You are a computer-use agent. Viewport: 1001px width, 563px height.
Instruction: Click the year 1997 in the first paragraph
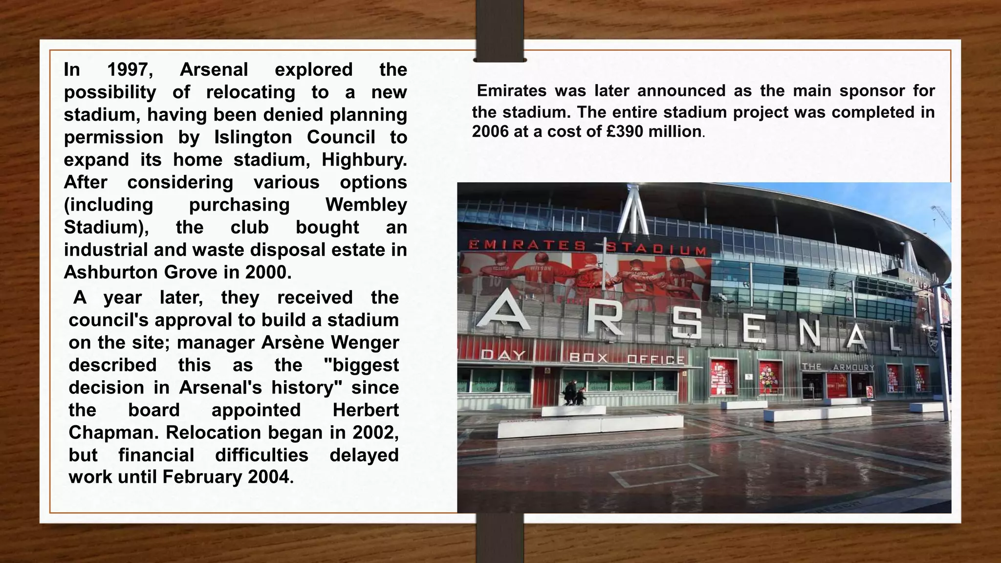[130, 70]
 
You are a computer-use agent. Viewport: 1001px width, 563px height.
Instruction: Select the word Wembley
[366, 205]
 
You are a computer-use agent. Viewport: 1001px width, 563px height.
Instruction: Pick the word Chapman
[112, 433]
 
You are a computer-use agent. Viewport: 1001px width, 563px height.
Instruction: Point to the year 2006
[490, 131]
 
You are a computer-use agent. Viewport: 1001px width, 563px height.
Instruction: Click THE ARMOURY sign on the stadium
[838, 367]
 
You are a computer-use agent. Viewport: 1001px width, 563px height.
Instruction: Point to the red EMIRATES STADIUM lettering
[587, 247]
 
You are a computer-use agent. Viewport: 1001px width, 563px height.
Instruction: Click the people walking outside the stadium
[574, 394]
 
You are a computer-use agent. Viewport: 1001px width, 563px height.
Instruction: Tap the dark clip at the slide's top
[500, 31]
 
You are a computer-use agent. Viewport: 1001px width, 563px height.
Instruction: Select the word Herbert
[366, 410]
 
